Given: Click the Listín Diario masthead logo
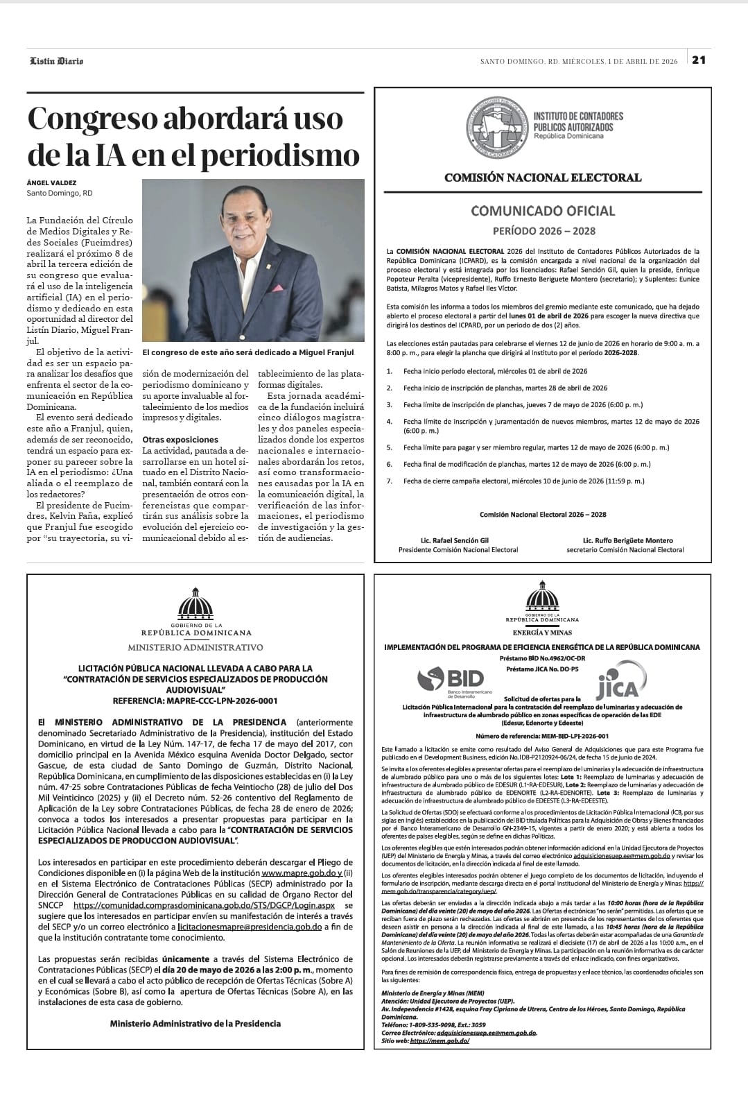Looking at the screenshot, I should [56, 61].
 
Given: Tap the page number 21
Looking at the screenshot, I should [699, 60].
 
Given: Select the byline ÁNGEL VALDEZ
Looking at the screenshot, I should [52, 182].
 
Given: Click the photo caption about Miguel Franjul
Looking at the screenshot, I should [247, 352].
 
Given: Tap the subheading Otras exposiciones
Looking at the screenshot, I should [180, 439].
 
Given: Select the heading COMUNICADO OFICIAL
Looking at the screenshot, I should [543, 211].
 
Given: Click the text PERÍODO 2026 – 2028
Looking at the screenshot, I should [543, 231].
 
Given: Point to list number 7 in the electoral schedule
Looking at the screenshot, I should [390, 481].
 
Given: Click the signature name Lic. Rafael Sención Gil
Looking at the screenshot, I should [457, 540].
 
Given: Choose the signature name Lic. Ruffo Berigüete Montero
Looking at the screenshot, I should [627, 540].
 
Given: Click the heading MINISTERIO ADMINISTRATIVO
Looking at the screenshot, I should [195, 647].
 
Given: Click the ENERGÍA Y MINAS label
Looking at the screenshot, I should [542, 633].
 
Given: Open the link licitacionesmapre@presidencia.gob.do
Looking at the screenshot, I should [250, 927].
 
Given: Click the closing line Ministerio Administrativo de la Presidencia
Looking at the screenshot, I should [195, 1023].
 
